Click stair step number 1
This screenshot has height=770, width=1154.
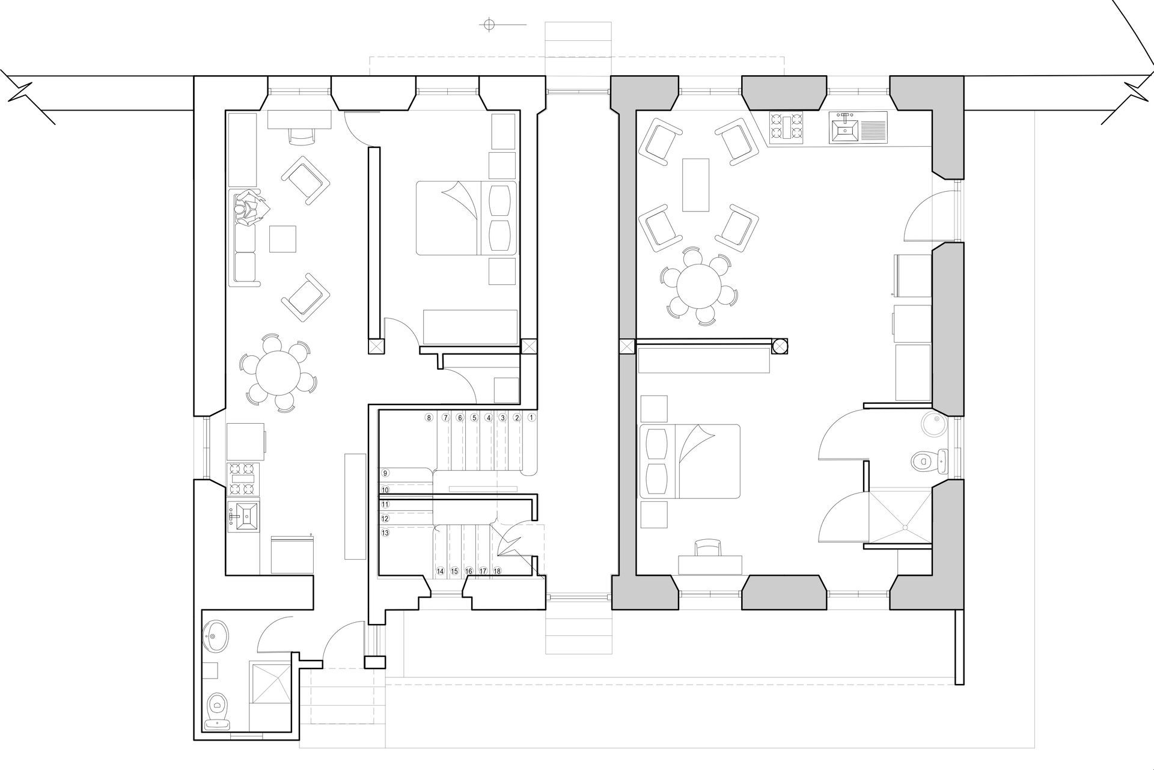click(x=531, y=417)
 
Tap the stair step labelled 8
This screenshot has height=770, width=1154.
click(x=429, y=417)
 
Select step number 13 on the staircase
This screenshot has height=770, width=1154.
click(x=385, y=533)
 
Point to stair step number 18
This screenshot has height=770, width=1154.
click(x=497, y=571)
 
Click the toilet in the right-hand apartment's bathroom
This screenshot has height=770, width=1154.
click(x=927, y=460)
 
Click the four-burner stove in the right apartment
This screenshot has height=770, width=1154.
click(x=787, y=128)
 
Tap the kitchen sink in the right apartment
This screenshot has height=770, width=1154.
click(x=858, y=128)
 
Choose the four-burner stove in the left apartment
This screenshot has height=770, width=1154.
click(x=243, y=479)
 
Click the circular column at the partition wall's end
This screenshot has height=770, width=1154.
click(x=780, y=346)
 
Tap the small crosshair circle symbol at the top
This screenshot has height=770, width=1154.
click(x=489, y=24)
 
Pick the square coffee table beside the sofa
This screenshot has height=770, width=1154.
click(x=282, y=239)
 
